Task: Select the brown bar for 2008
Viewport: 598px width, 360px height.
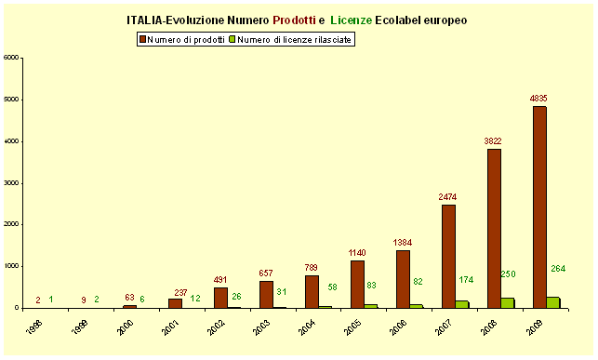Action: tap(493, 228)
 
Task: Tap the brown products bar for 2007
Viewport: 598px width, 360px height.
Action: tap(447, 256)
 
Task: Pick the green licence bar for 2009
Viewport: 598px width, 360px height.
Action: tap(552, 302)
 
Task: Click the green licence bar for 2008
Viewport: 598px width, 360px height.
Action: tap(507, 302)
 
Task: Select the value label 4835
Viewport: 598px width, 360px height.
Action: tap(538, 98)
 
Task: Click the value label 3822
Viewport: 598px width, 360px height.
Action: tap(493, 140)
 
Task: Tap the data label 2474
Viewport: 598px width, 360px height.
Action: tap(447, 196)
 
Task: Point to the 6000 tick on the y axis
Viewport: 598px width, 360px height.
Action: tap(11, 58)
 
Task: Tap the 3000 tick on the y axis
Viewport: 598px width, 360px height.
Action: tap(11, 183)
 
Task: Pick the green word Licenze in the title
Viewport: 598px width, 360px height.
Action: tap(354, 19)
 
